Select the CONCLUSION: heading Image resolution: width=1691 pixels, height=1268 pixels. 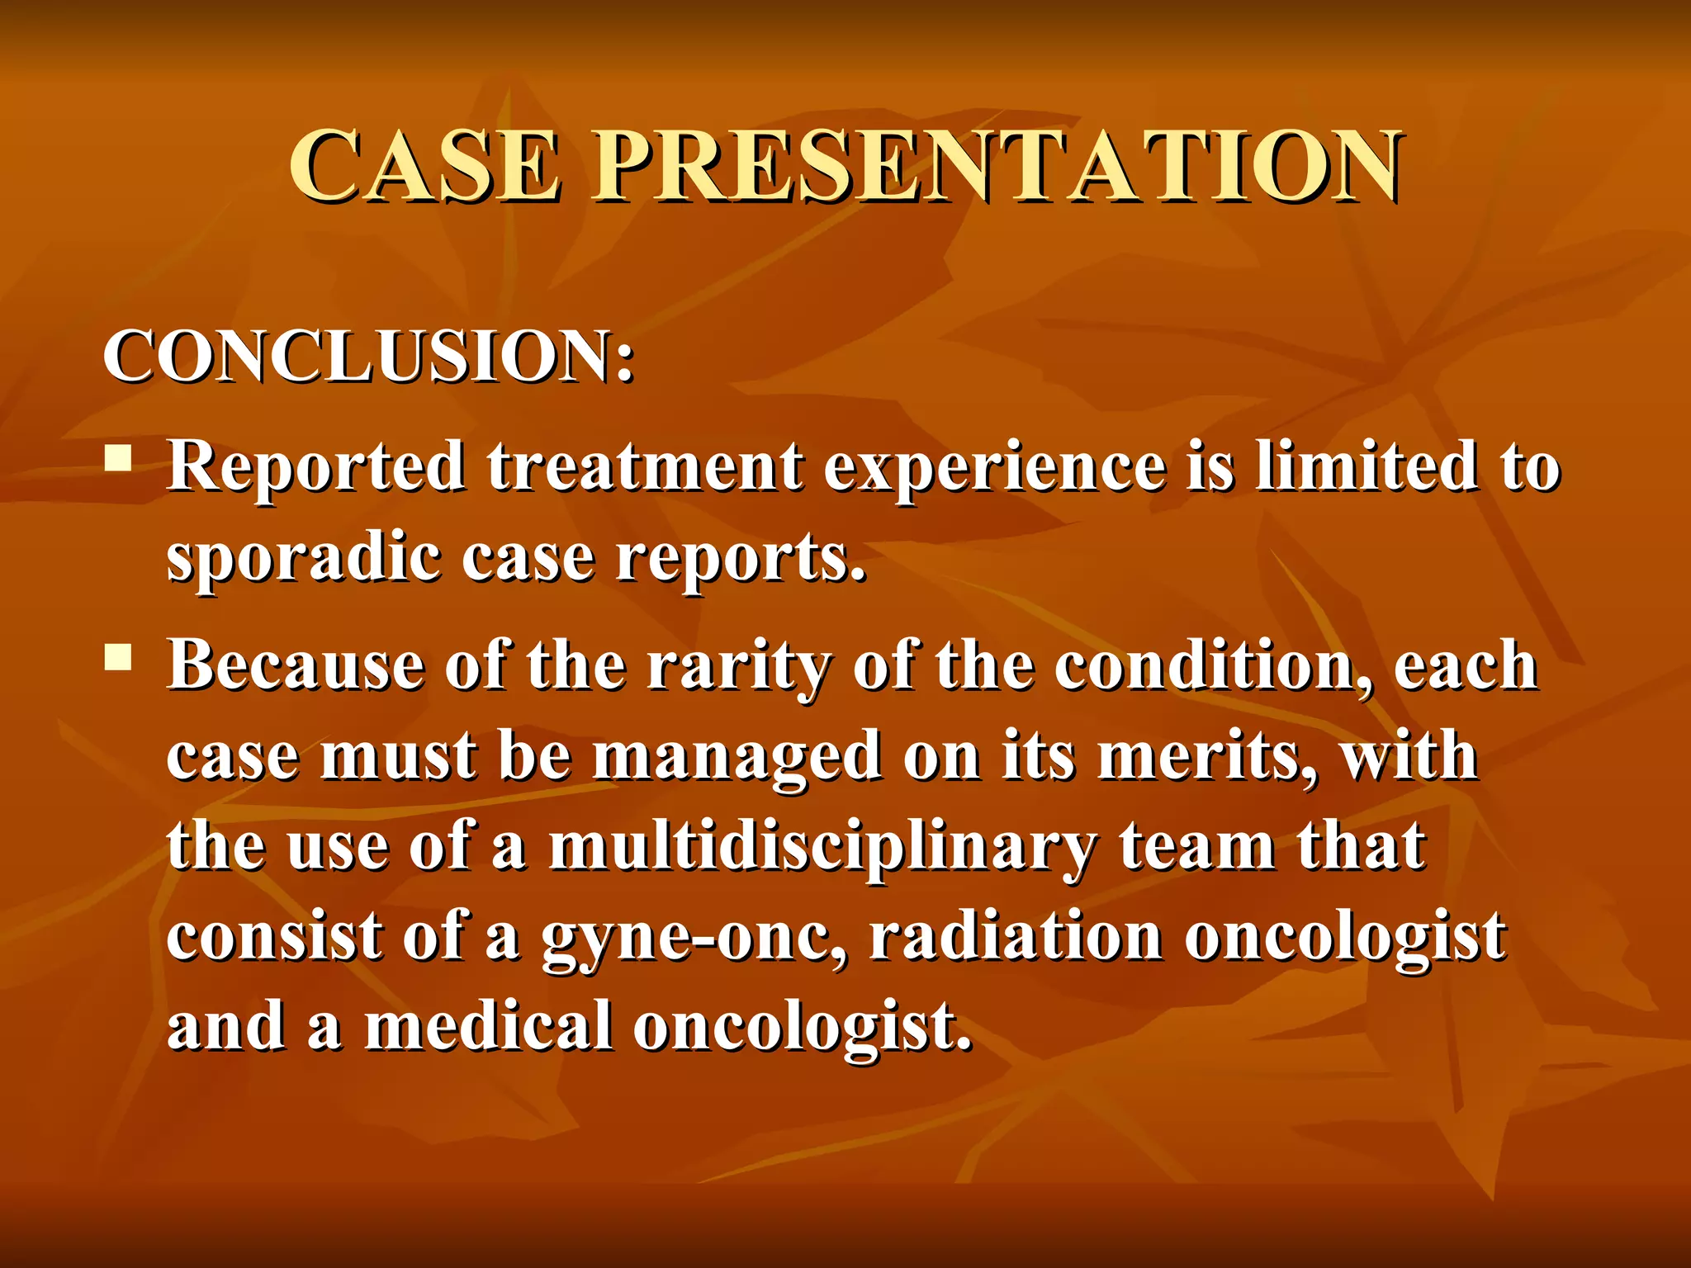tap(368, 357)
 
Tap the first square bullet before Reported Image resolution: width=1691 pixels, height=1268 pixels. tap(118, 457)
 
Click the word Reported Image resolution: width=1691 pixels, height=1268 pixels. tap(316, 467)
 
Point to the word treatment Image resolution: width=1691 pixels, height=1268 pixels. tap(644, 467)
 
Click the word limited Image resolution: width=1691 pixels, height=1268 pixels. tap(1367, 466)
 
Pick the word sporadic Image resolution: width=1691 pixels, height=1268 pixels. tap(303, 560)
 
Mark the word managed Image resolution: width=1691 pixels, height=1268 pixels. tap(737, 758)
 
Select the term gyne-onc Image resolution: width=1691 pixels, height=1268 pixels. tap(694, 939)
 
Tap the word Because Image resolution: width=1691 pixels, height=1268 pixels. tap(295, 665)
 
